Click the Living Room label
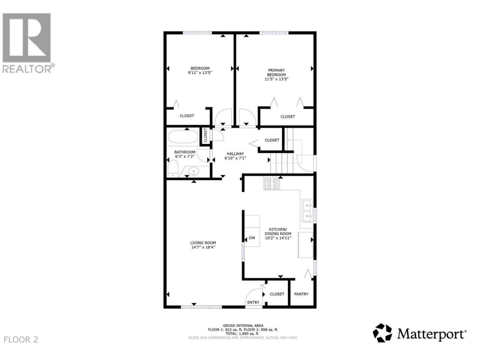click(203, 243)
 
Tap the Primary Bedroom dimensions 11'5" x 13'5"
click(276, 79)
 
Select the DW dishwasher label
click(252, 238)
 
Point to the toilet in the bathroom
click(173, 168)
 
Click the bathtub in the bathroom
click(183, 137)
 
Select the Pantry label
click(301, 294)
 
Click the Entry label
click(253, 302)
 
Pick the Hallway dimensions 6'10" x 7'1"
click(235, 158)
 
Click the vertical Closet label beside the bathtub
click(205, 135)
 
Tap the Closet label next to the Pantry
click(277, 294)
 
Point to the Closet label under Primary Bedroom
click(288, 117)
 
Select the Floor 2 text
click(21, 339)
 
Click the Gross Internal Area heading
click(243, 325)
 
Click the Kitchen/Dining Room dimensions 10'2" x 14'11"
click(278, 238)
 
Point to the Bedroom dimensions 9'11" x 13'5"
click(200, 73)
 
